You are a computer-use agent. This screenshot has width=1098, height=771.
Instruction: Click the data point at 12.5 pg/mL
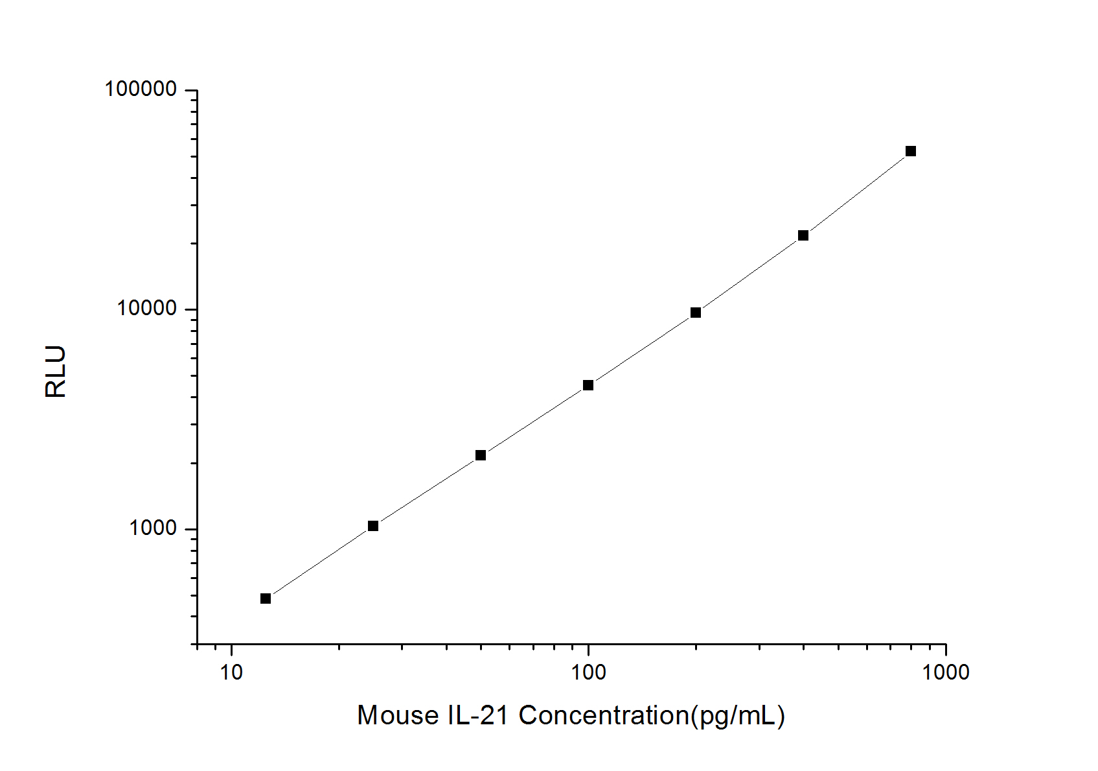coord(266,599)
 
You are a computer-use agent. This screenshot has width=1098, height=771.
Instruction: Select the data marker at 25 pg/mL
coord(373,526)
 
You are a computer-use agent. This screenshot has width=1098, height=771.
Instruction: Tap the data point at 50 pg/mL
coord(481,455)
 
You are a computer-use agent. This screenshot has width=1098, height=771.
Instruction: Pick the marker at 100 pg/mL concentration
coord(588,385)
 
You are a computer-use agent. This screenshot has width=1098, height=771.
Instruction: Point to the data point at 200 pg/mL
coord(696,313)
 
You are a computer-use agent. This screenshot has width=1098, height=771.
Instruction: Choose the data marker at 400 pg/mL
coord(803,235)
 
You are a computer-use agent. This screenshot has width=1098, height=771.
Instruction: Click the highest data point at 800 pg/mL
coord(911,151)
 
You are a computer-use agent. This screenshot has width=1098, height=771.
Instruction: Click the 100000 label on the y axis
coord(141,89)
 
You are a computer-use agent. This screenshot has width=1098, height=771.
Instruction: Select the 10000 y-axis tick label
coord(147,309)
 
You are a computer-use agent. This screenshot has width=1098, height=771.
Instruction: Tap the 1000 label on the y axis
coord(154,528)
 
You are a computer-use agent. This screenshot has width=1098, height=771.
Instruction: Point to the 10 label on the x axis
coord(231,672)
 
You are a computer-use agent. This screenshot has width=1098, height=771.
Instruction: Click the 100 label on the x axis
coord(588,672)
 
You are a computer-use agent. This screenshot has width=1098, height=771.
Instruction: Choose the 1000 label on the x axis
coord(946,672)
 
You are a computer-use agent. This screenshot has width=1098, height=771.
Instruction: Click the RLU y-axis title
coord(56,372)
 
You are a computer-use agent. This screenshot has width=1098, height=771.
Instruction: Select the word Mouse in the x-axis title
coord(398,716)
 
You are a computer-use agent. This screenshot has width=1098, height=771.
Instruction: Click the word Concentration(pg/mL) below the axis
coord(652,716)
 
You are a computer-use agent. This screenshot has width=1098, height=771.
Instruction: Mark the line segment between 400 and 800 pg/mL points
coord(857,193)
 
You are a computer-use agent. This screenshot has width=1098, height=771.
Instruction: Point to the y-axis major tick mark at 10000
coord(192,309)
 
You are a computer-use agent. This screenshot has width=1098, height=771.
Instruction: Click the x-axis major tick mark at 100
coord(588,650)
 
